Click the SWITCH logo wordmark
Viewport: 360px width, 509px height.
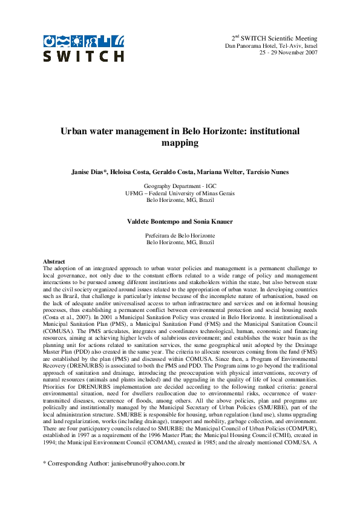(83, 56)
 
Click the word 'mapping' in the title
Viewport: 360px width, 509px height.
(180, 144)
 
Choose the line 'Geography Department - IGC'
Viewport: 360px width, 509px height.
(180, 186)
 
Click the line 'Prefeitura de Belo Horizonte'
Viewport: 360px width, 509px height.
(180, 235)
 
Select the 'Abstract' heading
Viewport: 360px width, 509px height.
(54, 261)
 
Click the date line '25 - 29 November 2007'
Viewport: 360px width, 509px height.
(288, 53)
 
